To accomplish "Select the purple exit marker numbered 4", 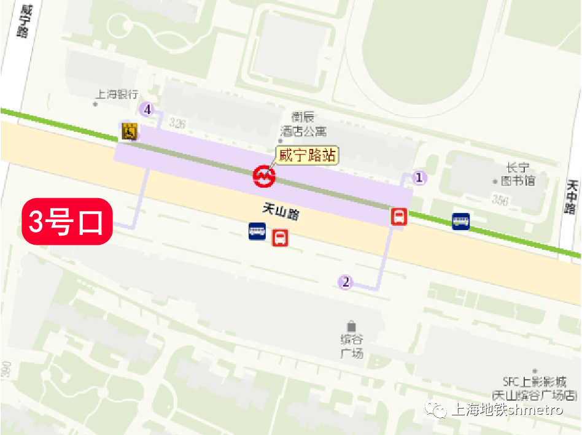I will pyautogui.click(x=146, y=110).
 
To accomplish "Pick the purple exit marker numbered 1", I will pyautogui.click(x=419, y=178).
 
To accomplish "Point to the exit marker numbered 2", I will pyautogui.click(x=346, y=282).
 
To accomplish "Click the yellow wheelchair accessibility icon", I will pyautogui.click(x=130, y=131).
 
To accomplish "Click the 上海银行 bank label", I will pyautogui.click(x=117, y=94).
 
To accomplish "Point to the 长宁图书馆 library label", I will pyautogui.click(x=518, y=174).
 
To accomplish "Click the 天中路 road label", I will pyautogui.click(x=572, y=196).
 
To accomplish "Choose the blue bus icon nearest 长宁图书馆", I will pyautogui.click(x=461, y=221).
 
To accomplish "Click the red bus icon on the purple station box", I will pyautogui.click(x=399, y=217).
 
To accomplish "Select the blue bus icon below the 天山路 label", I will pyautogui.click(x=257, y=231).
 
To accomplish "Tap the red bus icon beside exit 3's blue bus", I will pyautogui.click(x=281, y=237).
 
